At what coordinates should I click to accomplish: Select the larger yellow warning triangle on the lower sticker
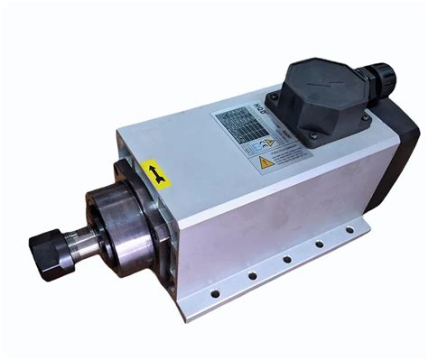(x=265, y=163)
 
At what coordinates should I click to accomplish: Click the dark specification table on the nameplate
(x=238, y=126)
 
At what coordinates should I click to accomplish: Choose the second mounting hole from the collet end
(x=253, y=275)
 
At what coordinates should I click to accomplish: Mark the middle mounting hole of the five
(x=287, y=259)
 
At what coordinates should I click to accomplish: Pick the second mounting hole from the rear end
(x=319, y=245)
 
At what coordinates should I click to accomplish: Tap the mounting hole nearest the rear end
(x=349, y=230)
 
